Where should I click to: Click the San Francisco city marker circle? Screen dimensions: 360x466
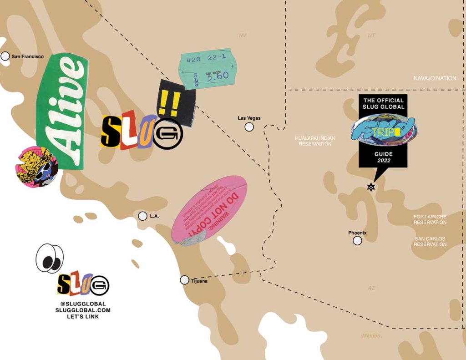5,56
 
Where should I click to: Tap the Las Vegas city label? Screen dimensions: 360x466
249,118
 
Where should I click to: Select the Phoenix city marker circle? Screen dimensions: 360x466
357,240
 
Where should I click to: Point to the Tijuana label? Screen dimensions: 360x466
199,281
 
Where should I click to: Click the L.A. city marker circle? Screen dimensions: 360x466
142,216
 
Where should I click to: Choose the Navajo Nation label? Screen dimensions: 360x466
435,78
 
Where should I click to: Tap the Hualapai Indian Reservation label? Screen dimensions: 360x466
315,140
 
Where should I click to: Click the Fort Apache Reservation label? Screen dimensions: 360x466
430,219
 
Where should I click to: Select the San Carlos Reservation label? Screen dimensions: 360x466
430,241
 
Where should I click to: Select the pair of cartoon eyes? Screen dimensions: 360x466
50,258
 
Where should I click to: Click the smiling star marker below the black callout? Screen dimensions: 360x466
371,187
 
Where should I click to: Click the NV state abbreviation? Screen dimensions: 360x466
243,35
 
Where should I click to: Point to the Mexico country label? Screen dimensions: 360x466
371,335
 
